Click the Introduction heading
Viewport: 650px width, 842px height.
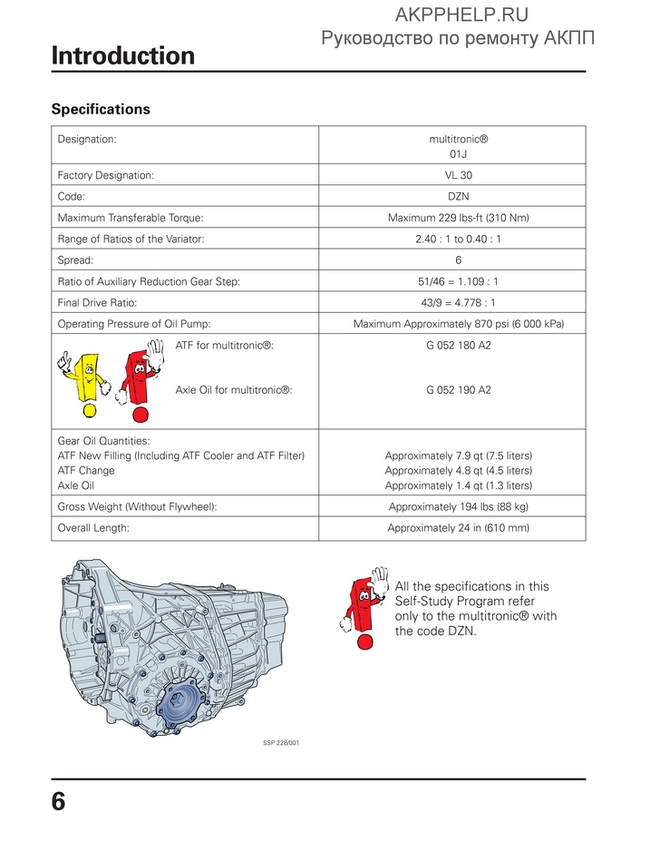tap(123, 56)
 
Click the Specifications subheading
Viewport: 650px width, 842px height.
tap(101, 109)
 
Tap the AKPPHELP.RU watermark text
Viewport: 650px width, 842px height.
tap(461, 14)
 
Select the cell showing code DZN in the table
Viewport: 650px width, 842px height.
tap(458, 195)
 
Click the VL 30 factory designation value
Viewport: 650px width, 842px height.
tap(458, 174)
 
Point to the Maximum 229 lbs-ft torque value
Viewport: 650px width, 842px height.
tap(458, 218)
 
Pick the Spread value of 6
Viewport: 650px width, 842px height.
tap(458, 260)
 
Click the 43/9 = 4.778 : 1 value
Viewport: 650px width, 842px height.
tap(458, 303)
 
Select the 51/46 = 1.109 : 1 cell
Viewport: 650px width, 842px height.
tap(458, 282)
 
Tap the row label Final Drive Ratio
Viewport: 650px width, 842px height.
tap(97, 303)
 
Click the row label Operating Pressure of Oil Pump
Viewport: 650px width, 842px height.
tap(128, 324)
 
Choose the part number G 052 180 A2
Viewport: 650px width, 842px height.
tap(458, 346)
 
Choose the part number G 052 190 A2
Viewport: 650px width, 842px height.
tap(458, 390)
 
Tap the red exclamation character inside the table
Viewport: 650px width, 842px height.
tap(138, 381)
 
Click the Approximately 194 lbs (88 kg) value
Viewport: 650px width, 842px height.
tap(458, 506)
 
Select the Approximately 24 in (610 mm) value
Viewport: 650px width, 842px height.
tap(458, 527)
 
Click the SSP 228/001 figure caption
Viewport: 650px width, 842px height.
tap(281, 743)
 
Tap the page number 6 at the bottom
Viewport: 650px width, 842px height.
tap(58, 803)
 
